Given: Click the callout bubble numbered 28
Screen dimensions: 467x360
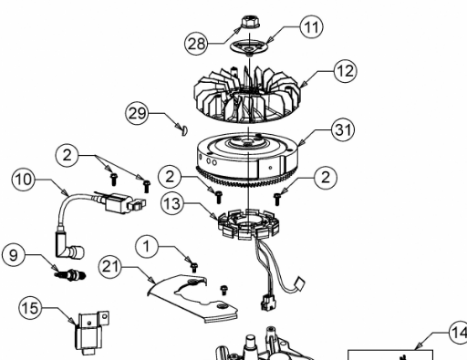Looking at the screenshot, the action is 196,44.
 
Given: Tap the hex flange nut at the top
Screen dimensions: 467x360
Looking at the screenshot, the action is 250,22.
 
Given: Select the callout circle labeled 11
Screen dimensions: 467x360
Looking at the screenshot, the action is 311,26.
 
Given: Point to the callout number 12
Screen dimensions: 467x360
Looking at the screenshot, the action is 346,71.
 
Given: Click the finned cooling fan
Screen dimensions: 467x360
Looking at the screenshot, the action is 246,94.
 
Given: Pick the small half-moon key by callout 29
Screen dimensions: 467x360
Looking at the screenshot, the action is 184,129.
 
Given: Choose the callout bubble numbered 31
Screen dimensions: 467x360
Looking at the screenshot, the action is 343,129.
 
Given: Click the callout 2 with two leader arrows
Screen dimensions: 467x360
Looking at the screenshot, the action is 67,155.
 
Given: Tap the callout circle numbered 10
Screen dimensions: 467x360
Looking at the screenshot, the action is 24,180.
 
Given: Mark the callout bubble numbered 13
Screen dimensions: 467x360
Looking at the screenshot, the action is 172,203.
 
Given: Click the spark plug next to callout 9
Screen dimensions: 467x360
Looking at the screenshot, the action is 70,275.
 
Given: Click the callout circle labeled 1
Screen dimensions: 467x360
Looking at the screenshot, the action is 147,246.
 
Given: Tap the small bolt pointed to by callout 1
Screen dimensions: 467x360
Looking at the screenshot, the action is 193,267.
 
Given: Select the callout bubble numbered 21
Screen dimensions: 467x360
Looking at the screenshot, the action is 110,267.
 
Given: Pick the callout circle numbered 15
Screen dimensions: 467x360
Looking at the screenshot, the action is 30,308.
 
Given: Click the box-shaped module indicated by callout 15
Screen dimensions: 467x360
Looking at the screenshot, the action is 90,333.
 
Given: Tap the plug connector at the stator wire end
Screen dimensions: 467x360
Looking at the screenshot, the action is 267,303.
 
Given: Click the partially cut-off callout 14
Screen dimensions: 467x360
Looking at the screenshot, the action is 458,333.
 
